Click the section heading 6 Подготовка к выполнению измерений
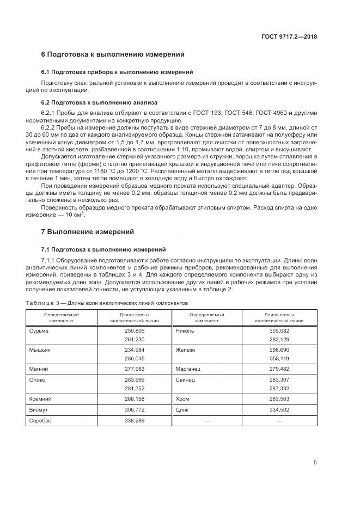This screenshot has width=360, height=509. [x=113, y=54]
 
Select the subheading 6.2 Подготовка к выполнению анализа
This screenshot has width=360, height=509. [x=99, y=102]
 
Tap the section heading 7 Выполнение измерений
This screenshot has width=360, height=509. [x=87, y=231]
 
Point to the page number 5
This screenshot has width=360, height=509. [x=315, y=463]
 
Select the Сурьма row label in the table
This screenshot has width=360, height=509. [x=38, y=331]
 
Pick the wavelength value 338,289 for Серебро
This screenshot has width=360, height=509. [x=135, y=421]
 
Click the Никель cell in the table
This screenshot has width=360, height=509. [x=185, y=331]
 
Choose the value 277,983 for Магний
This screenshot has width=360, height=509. [x=135, y=369]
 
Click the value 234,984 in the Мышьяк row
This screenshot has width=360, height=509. [x=135, y=349]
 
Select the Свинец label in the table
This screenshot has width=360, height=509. [x=185, y=379]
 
